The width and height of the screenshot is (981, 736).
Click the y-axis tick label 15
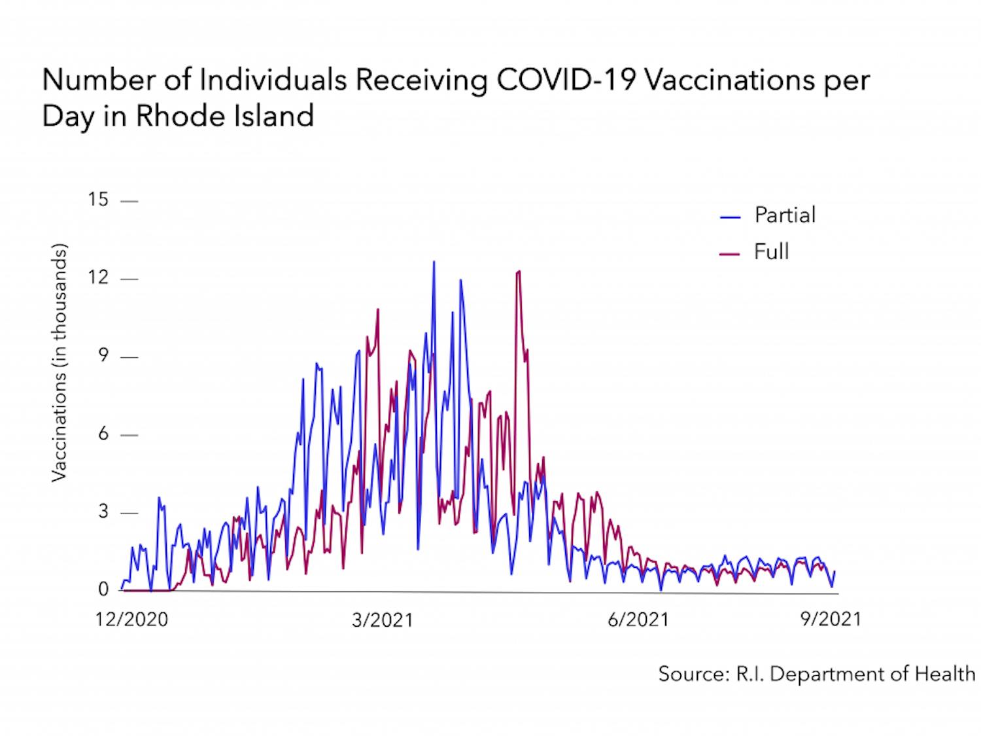[x=98, y=200]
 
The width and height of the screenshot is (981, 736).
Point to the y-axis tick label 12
[x=98, y=277]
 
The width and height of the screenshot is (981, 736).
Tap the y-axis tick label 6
[x=103, y=434]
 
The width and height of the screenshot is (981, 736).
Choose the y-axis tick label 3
[x=103, y=512]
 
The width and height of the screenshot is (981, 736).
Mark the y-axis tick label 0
[x=103, y=589]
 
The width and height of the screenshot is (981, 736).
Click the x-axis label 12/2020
[x=131, y=620]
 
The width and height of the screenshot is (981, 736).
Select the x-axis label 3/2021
[x=382, y=620]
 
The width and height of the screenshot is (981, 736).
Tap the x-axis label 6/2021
[x=638, y=620]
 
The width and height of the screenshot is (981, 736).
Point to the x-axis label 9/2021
[x=830, y=619]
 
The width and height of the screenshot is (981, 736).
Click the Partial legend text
[x=785, y=215]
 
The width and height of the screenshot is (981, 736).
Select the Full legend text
[x=771, y=252]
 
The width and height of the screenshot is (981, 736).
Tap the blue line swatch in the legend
[x=730, y=217]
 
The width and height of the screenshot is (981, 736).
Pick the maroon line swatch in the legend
[x=730, y=254]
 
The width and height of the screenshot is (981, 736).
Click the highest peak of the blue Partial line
[x=434, y=262]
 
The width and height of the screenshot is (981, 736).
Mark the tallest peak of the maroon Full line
[x=519, y=271]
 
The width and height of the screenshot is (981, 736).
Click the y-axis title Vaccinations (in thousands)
[x=60, y=363]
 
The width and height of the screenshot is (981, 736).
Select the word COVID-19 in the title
[x=566, y=80]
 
